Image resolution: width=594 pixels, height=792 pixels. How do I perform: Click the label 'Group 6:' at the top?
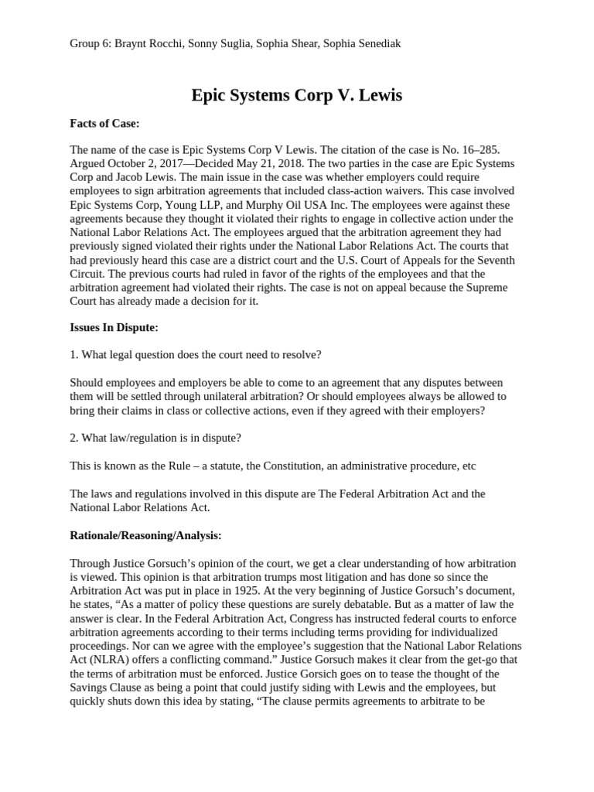[90, 43]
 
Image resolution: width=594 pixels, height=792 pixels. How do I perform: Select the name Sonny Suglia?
[222, 43]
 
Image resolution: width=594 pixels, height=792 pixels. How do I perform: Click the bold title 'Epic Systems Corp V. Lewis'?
[297, 96]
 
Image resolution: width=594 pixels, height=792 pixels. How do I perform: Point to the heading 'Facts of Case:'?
[104, 123]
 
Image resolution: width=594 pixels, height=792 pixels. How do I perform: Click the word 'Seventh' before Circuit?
[493, 261]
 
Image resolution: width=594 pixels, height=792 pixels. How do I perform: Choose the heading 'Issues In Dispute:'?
[114, 327]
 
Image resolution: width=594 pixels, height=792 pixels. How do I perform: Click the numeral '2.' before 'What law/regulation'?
[74, 438]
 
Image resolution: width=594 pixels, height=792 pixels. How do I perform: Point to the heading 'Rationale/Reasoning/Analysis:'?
[145, 534]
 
